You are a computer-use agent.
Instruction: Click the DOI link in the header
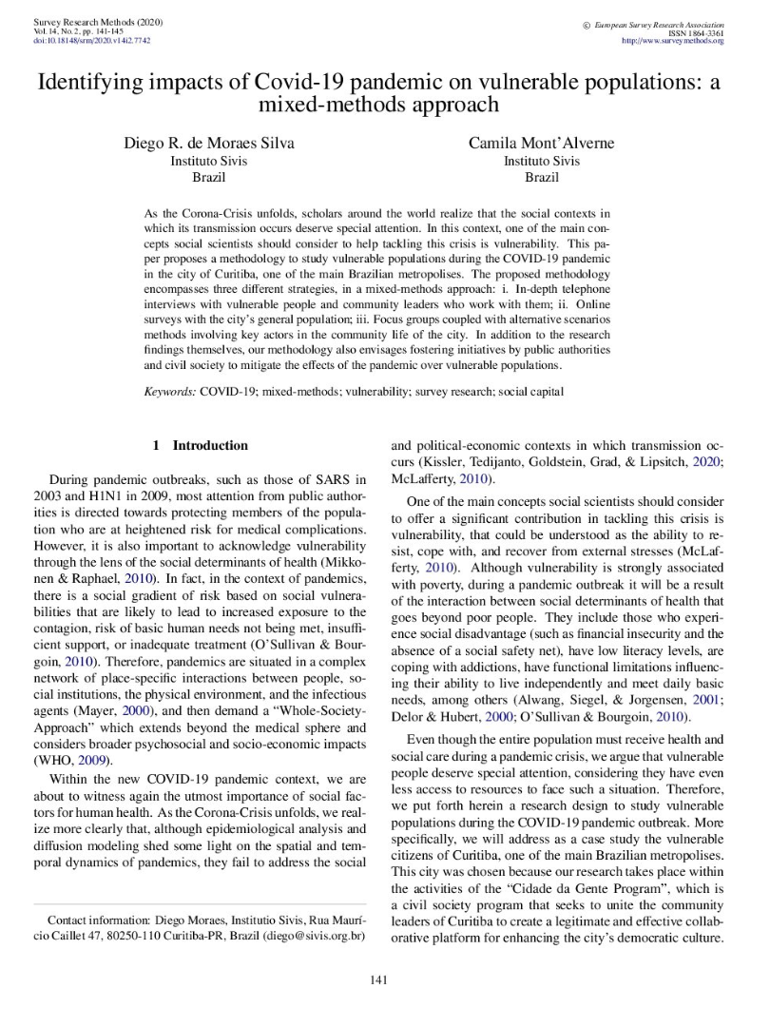click(91, 41)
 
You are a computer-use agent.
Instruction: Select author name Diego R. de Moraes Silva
click(209, 144)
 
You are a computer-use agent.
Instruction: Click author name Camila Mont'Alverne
click(541, 144)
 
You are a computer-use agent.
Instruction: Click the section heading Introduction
click(210, 445)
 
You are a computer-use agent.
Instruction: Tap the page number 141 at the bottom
click(384, 980)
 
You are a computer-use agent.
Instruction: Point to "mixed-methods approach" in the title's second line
click(384, 105)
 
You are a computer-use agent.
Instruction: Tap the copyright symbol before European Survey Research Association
click(586, 22)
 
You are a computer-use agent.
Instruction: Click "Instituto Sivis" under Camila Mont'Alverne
click(541, 161)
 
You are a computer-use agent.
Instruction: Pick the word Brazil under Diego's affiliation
click(209, 178)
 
